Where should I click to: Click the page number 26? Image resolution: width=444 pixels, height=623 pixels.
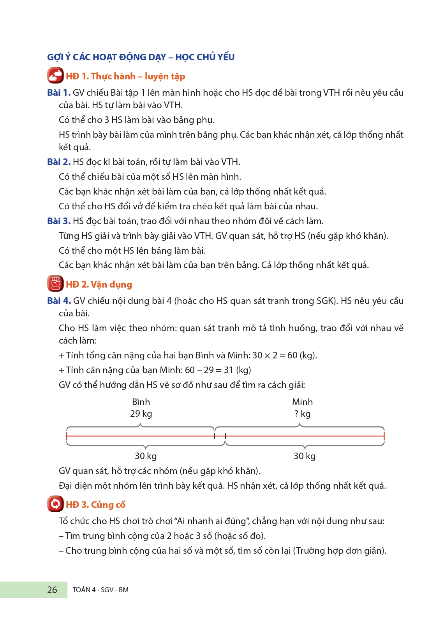pos(52,590)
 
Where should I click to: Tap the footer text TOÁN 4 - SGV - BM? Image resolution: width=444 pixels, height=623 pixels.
pos(100,590)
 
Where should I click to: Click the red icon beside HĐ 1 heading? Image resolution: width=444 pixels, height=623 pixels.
pos(55,75)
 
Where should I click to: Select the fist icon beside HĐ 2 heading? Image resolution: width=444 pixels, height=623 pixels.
pos(55,284)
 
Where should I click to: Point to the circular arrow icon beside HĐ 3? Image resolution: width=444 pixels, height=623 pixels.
pos(55,504)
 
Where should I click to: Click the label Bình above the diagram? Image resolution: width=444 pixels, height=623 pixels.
pos(141,402)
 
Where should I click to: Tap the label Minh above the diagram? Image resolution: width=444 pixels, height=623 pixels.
pos(302,402)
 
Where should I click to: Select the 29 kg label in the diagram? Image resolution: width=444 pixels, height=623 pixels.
pos(141,414)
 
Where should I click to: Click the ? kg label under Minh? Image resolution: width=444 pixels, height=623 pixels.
pos(302,414)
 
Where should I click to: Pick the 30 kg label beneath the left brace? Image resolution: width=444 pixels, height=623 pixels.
pos(146,456)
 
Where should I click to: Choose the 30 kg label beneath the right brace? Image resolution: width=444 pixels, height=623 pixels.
pos(305,456)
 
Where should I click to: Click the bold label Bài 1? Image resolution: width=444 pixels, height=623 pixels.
pos(59,93)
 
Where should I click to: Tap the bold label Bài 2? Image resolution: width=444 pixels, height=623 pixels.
pos(59,162)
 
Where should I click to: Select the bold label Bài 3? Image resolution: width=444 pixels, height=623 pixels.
pos(59,221)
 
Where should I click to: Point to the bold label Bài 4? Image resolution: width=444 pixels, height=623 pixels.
pos(59,301)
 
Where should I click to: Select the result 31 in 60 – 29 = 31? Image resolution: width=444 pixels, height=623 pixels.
pos(228,370)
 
